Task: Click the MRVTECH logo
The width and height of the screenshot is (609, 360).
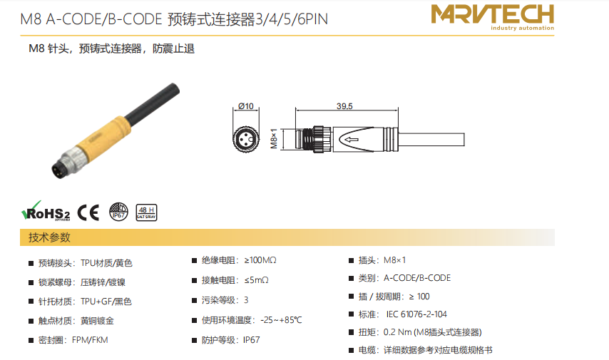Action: [493, 17]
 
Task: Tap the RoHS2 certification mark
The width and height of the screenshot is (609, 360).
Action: [46, 211]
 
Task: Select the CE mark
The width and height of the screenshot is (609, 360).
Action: [88, 212]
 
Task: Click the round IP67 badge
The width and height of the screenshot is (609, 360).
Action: [118, 212]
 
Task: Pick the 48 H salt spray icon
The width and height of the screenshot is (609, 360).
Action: [146, 212]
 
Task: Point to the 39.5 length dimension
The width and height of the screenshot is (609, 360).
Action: [344, 106]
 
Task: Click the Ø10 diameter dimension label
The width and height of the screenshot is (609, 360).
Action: [246, 106]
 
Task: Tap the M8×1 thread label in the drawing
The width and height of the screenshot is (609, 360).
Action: [274, 138]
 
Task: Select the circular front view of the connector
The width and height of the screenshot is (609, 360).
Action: [246, 138]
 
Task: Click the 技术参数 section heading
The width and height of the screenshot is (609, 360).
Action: [49, 237]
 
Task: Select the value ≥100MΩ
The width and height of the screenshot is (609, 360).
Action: [260, 260]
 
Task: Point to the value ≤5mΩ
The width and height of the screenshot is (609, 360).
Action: [256, 280]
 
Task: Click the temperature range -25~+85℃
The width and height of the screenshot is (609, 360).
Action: [281, 320]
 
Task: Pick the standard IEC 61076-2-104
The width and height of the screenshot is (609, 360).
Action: [416, 314]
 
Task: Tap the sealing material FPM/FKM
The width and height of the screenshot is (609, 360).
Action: [90, 340]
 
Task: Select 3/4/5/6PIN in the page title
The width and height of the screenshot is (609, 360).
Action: [292, 19]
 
